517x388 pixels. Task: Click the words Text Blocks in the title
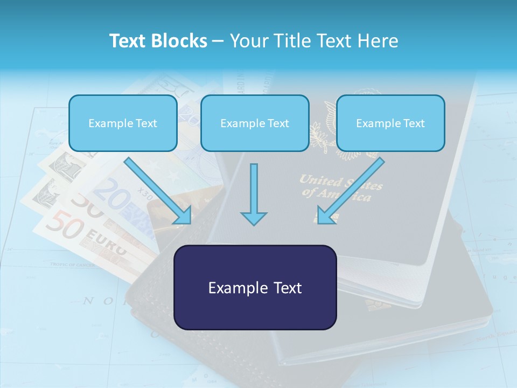click(158, 41)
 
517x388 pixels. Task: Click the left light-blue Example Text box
click(123, 123)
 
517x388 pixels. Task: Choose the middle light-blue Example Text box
click(255, 123)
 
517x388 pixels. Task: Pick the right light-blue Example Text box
click(390, 123)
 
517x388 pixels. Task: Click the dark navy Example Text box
click(255, 287)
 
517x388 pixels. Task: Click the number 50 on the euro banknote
click(65, 225)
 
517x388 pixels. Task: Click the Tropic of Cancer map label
click(73, 265)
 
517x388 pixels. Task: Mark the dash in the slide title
click(218, 41)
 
